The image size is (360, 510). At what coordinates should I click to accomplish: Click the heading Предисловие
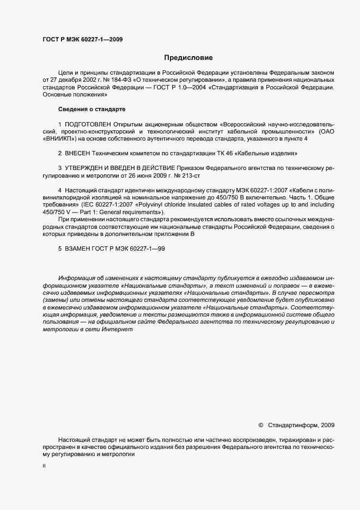(x=188, y=58)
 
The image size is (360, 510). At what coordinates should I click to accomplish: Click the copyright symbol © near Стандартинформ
(x=260, y=425)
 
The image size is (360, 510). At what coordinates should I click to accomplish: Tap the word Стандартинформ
(x=294, y=425)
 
